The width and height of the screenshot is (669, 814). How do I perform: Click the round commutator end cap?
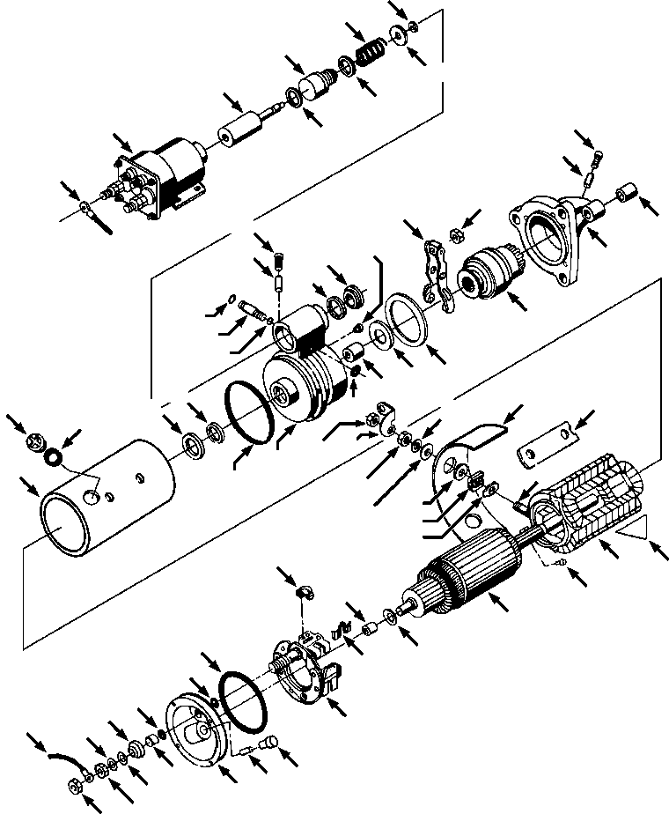198,723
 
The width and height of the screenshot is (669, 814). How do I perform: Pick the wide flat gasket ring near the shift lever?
407,314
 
